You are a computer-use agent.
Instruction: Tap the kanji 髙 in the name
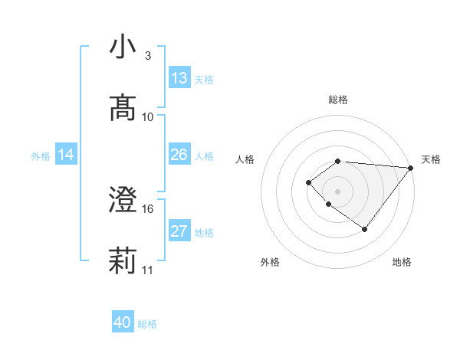click(x=123, y=108)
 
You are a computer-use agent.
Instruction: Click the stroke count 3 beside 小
click(x=148, y=56)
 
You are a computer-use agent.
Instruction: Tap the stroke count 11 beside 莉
click(x=148, y=270)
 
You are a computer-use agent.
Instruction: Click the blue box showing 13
click(x=179, y=78)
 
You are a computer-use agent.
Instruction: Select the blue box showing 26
click(x=179, y=155)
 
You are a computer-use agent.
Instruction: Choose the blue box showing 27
click(x=179, y=231)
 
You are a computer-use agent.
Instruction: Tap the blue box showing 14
click(x=66, y=155)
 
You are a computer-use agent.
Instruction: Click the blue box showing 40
click(x=123, y=322)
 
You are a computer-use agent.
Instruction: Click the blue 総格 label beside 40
click(x=147, y=324)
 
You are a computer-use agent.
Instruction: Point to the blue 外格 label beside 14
click(x=41, y=156)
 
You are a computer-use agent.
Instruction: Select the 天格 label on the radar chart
click(x=431, y=159)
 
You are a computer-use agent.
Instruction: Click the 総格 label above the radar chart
click(x=338, y=100)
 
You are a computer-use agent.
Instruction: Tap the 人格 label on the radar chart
click(x=245, y=159)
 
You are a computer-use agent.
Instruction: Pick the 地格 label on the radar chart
click(x=402, y=262)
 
